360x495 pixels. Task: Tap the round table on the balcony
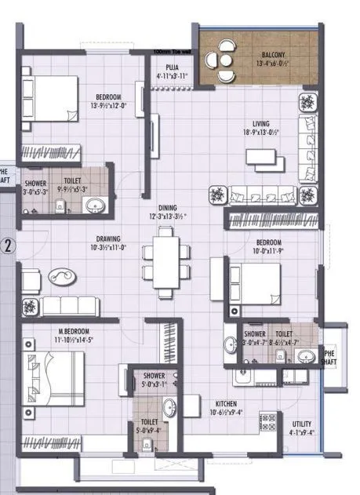(224, 60)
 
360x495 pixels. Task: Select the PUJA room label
(172, 67)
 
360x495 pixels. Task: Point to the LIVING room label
(261, 122)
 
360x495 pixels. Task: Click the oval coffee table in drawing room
(60, 276)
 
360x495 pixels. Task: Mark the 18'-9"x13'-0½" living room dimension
(261, 132)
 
